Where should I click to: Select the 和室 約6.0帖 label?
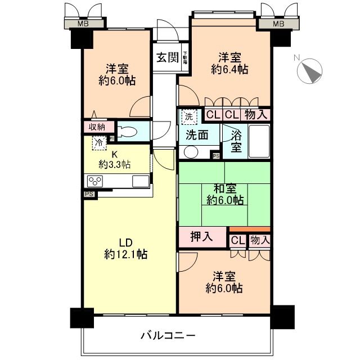[225, 194]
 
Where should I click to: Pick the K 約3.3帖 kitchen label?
[115, 160]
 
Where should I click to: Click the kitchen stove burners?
[94, 181]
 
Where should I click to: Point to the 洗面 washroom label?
[197, 136]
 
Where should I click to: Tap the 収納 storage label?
[97, 127]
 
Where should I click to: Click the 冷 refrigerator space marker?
[99, 143]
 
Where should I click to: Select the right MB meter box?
[278, 24]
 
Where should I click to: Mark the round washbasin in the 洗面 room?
[191, 152]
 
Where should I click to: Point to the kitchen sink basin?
[141, 181]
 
